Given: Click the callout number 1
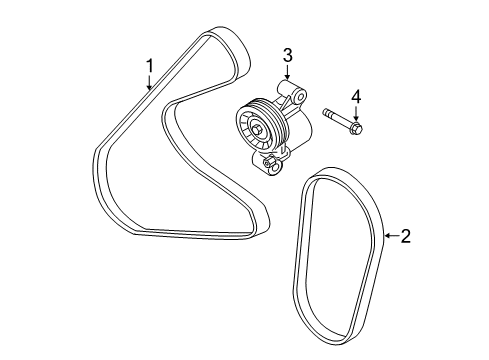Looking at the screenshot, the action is pos(150,66).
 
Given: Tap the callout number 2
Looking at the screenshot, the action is pos(405,236).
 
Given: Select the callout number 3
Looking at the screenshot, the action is pos(288,55).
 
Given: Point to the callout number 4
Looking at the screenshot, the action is pos(356,97).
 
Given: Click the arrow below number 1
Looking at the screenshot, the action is pos(150,82).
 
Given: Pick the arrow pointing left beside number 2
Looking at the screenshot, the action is pos(392,236).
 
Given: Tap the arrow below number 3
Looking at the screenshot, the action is pos(288,72).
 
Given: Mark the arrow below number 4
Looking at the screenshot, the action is pos(356,113).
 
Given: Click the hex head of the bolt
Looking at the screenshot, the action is pos(356,127).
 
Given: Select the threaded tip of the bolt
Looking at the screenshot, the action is pos(325,112).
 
